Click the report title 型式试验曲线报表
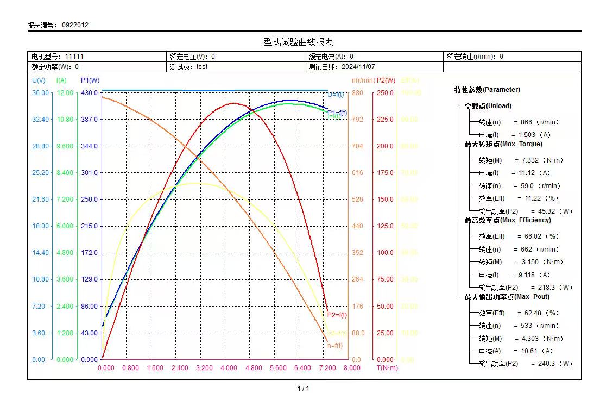298,42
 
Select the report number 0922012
75,25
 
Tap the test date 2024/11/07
358,67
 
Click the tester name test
202,67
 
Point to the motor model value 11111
74,57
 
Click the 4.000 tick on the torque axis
229,368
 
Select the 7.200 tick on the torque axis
327,368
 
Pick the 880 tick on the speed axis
357,93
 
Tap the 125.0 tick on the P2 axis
385,226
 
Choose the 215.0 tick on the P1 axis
90,226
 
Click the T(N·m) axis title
387,368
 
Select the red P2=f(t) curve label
337,315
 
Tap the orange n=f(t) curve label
335,346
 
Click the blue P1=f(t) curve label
337,113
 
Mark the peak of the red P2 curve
234,103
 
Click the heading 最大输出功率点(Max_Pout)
507,297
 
